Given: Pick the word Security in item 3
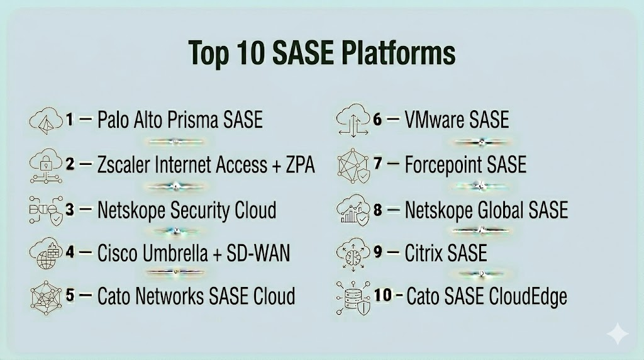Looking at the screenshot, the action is pyautogui.click(x=200, y=211).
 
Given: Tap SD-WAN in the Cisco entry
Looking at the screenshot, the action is pyautogui.click(x=258, y=253).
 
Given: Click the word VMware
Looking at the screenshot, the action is pyautogui.click(x=434, y=120).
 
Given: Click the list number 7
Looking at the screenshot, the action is pyautogui.click(x=378, y=164).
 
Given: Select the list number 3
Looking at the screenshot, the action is pyautogui.click(x=70, y=210).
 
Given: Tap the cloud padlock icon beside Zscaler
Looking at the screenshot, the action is pyautogui.click(x=46, y=165).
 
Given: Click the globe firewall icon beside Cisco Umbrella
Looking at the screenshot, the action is pyautogui.click(x=45, y=253).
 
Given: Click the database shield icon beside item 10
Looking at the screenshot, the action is pyautogui.click(x=353, y=298).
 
